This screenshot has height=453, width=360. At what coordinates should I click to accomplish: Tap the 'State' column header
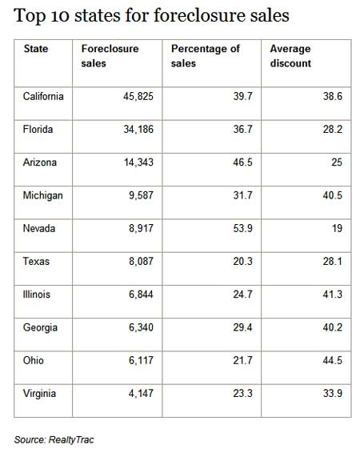pos(36,49)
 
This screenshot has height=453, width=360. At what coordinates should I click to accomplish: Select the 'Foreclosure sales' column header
pos(110,56)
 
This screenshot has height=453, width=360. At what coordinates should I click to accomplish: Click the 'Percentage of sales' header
pos(206,56)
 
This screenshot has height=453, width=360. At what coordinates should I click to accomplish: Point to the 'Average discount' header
pos(290,56)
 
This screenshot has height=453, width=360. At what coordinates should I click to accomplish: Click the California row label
pos(43,96)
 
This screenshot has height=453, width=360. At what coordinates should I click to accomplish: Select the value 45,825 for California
pos(138,96)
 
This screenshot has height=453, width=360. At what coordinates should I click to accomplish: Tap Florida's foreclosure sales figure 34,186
pos(138,129)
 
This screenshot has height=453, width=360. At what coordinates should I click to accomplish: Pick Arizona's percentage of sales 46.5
pos(242,162)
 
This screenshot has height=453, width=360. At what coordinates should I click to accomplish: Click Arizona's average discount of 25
pos(337,162)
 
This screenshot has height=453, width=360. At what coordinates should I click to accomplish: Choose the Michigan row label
pos(42,195)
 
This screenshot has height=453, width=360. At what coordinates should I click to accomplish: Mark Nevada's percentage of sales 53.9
pos(242,228)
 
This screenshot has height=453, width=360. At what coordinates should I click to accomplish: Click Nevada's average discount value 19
pos(337,228)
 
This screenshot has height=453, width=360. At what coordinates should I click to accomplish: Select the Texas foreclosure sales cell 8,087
pos(141,261)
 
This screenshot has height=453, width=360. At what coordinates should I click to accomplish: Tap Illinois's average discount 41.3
pos(333,294)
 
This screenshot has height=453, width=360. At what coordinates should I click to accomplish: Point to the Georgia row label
pos(40,327)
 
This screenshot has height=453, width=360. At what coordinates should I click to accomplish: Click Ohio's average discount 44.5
pos(333,360)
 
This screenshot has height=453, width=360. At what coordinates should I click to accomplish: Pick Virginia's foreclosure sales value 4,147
pos(141,393)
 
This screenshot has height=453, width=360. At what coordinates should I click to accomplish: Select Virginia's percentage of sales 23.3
pos(242,393)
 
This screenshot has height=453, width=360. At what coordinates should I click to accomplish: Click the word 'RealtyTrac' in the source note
pos(71,439)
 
